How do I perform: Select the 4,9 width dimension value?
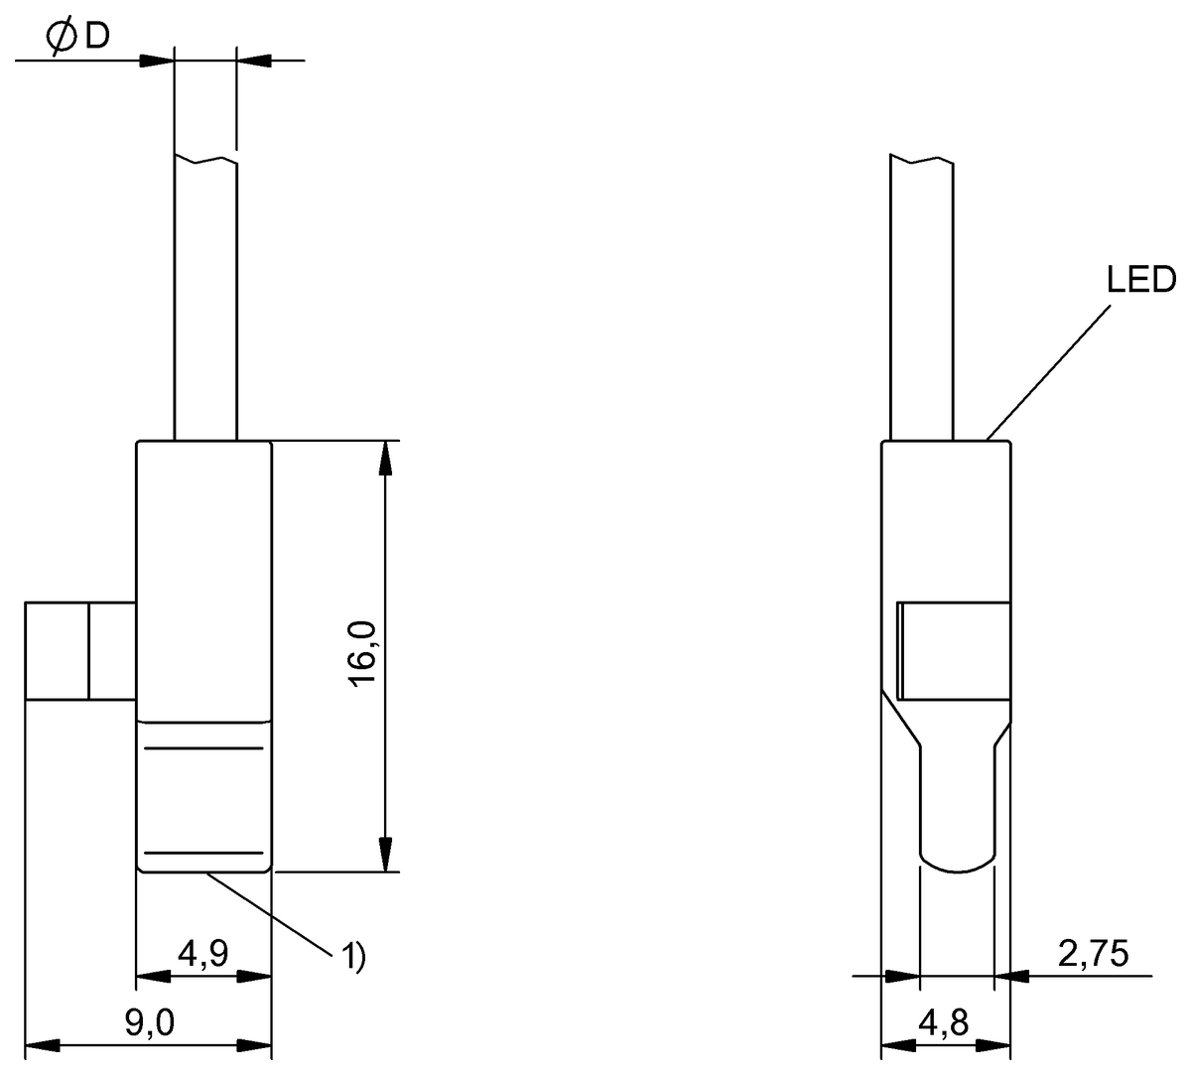pyautogui.click(x=202, y=955)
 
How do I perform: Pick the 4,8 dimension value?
pyautogui.click(x=944, y=1022)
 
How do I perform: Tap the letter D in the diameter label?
pyautogui.click(x=96, y=37)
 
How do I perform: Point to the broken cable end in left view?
pyautogui.click(x=205, y=160)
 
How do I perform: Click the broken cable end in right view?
pyautogui.click(x=922, y=160)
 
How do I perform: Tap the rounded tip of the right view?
pyautogui.click(x=957, y=864)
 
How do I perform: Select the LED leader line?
pyautogui.click(x=1047, y=372)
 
